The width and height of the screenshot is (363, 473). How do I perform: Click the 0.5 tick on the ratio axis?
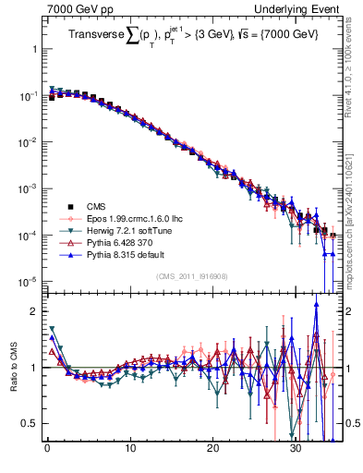[30, 423]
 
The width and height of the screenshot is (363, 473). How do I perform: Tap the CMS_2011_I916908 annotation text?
[191, 276]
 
